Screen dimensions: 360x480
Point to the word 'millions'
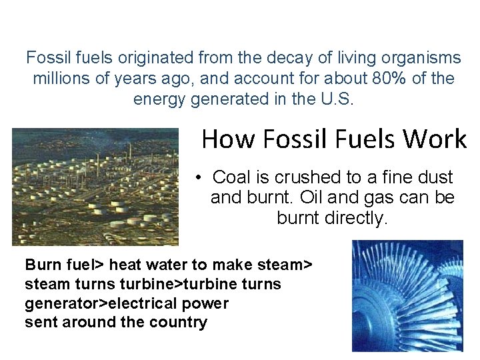[x=61, y=79]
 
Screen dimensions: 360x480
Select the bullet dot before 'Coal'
[x=199, y=178]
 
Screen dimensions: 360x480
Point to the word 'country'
[x=179, y=323]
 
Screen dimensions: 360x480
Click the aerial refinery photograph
[x=95, y=187]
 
